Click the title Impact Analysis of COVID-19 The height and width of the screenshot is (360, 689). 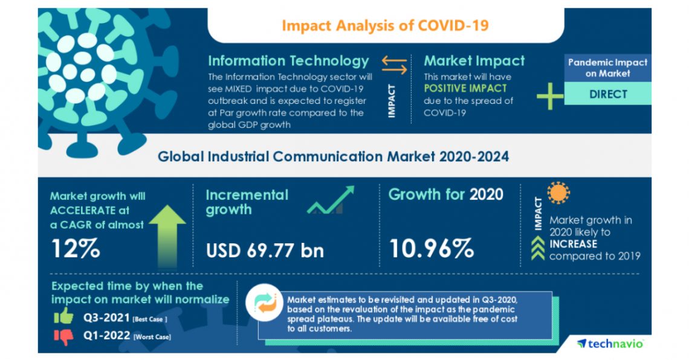coord(385,25)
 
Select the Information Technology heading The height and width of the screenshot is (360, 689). coord(288,61)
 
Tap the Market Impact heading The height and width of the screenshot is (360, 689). coord(474,61)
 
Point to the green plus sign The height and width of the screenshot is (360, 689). coord(549,96)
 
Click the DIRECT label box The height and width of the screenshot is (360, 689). coord(607,94)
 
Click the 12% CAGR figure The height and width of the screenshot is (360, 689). coord(75,248)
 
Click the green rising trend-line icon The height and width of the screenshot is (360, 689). coord(330,201)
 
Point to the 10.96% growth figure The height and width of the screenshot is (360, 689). coord(430,248)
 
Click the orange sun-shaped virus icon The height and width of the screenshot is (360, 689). coord(558,193)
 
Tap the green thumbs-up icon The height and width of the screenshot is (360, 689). coord(63,315)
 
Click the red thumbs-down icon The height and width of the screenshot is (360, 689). coord(63,336)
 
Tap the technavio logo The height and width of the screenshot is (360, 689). coord(610,342)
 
